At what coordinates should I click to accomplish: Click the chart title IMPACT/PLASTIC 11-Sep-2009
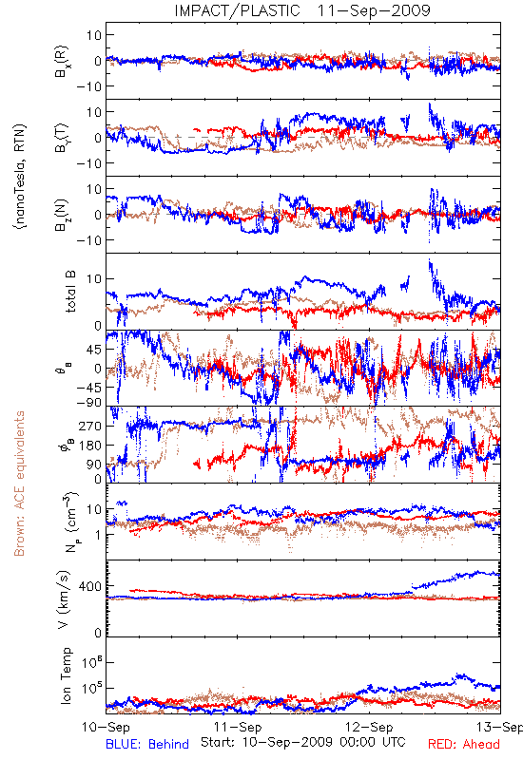[x=302, y=10]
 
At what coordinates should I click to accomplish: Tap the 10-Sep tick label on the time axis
[x=106, y=727]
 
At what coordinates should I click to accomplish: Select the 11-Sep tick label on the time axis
[x=238, y=727]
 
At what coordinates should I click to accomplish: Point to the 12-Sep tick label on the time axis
[x=369, y=727]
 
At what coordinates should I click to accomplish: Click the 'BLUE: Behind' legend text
[x=147, y=744]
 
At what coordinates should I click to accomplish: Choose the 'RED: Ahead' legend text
[x=464, y=744]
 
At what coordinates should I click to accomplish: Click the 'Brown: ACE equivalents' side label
[x=19, y=484]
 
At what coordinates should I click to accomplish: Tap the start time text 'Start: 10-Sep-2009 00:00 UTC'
[x=303, y=742]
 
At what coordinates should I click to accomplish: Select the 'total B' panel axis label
[x=70, y=292]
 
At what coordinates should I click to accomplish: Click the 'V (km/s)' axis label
[x=64, y=599]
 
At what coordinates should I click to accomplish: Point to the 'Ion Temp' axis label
[x=66, y=675]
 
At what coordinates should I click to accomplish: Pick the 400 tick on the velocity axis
[x=90, y=586]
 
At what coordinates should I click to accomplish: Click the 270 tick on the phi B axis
[x=90, y=426]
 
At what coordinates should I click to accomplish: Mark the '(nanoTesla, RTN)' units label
[x=20, y=177]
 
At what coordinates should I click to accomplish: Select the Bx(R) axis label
[x=62, y=61]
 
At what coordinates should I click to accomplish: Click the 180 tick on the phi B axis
[x=90, y=445]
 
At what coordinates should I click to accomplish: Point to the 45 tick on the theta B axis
[x=93, y=350]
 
